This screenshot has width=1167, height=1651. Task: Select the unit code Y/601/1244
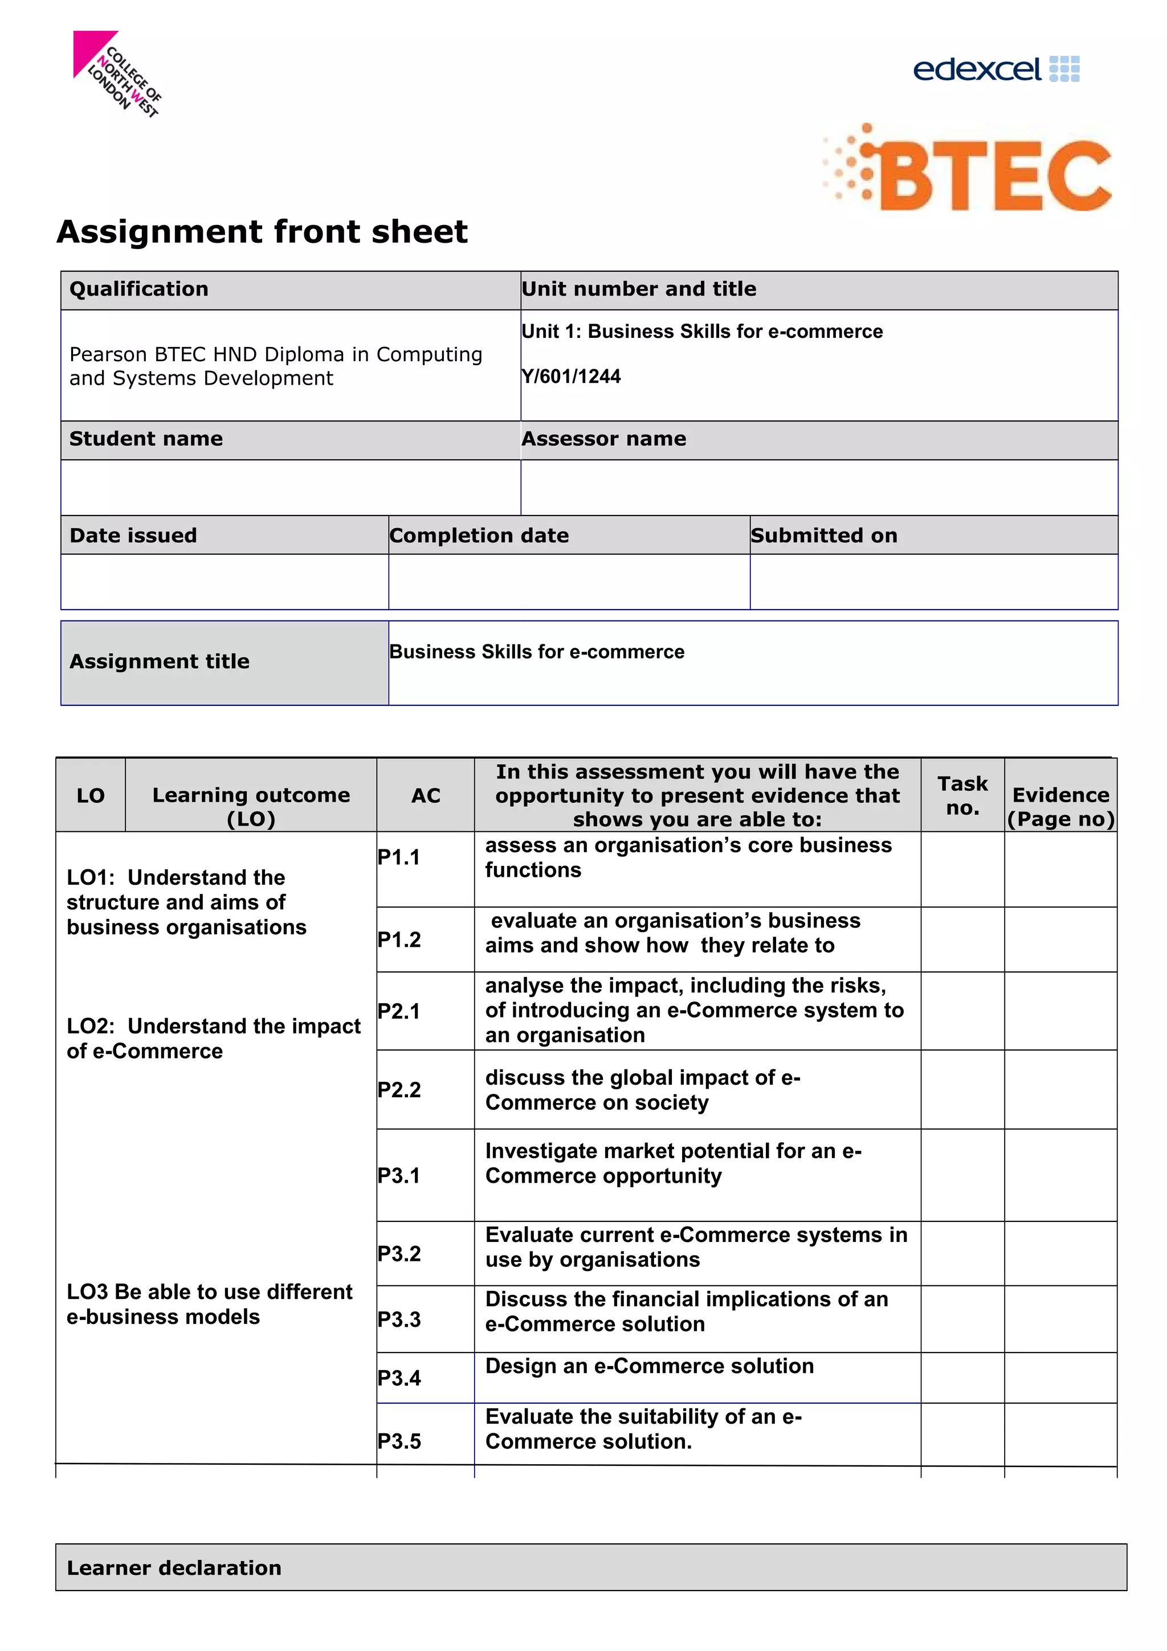(x=571, y=376)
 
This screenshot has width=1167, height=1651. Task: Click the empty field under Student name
(x=291, y=487)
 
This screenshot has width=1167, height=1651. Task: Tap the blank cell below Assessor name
(x=818, y=487)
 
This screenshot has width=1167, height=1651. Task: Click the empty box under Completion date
(x=569, y=581)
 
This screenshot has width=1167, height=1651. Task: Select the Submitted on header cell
(x=933, y=535)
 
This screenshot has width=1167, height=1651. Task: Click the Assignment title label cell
(x=225, y=661)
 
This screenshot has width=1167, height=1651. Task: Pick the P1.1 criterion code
(x=399, y=857)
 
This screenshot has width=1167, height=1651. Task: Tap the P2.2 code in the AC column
(x=399, y=1089)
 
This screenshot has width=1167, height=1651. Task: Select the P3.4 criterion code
(x=399, y=1378)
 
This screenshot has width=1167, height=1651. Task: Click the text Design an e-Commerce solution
(x=649, y=1366)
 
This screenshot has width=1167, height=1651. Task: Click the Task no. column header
(x=962, y=795)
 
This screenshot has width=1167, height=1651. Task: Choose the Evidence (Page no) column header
(x=1060, y=806)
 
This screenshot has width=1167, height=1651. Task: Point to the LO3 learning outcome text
(x=209, y=1303)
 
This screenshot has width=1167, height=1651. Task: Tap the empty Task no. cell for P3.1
(x=962, y=1175)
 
